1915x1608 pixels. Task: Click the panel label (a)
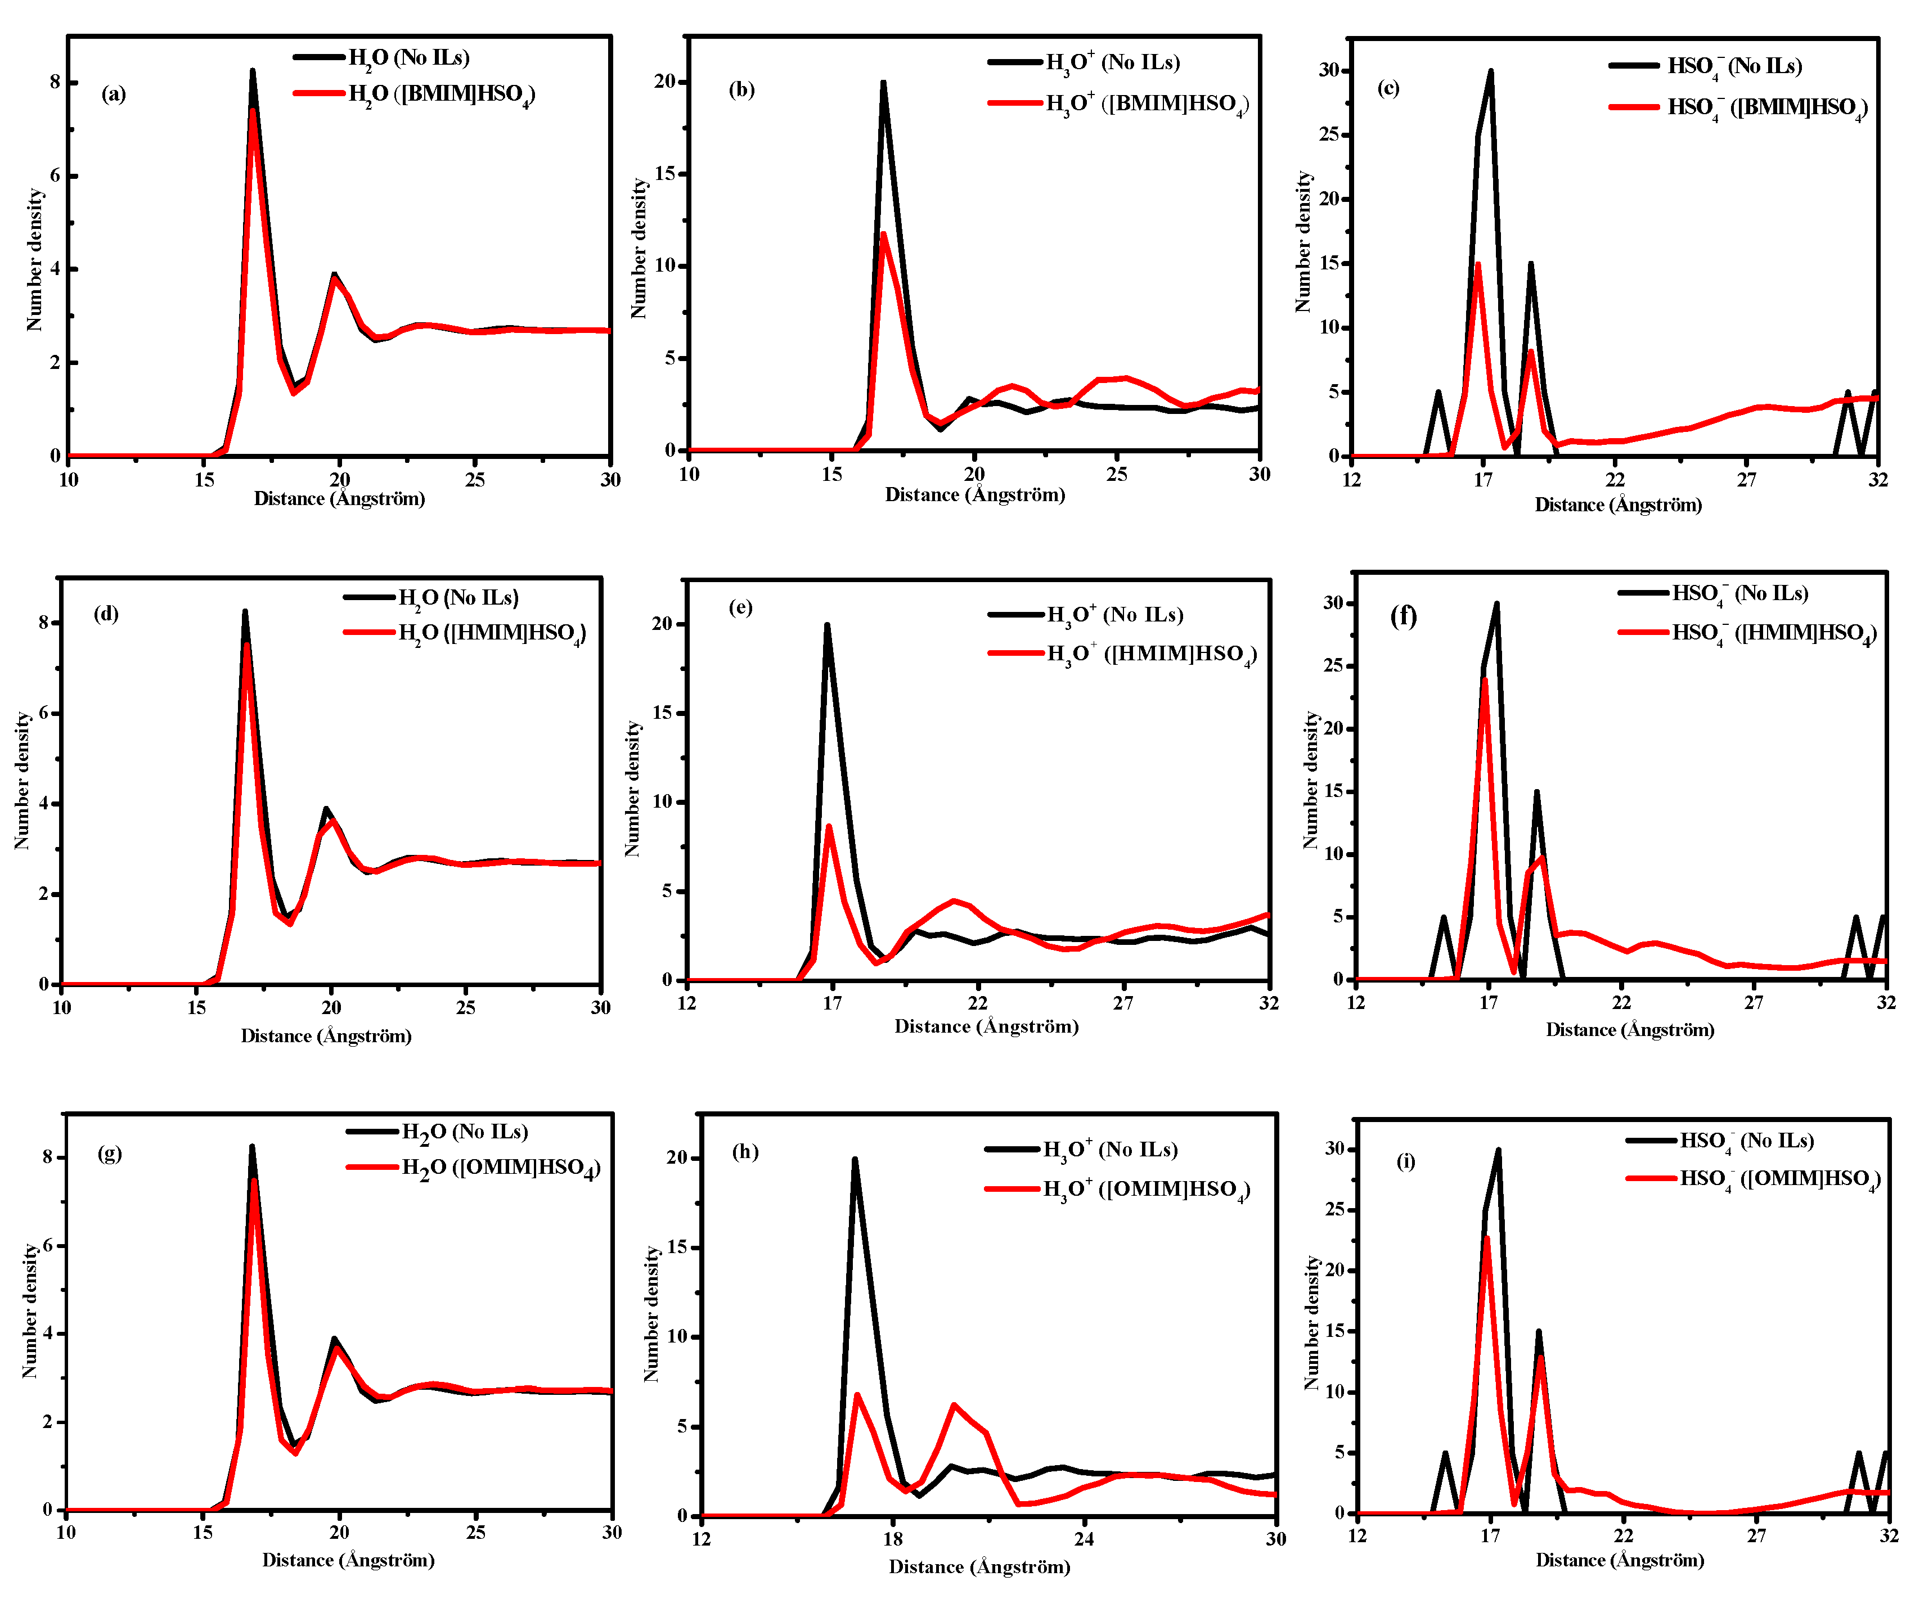113,94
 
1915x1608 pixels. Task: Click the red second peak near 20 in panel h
954,1405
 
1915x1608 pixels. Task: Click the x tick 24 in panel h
1084,1539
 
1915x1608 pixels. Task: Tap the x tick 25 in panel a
475,480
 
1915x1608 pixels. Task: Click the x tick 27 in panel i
1755,1535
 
